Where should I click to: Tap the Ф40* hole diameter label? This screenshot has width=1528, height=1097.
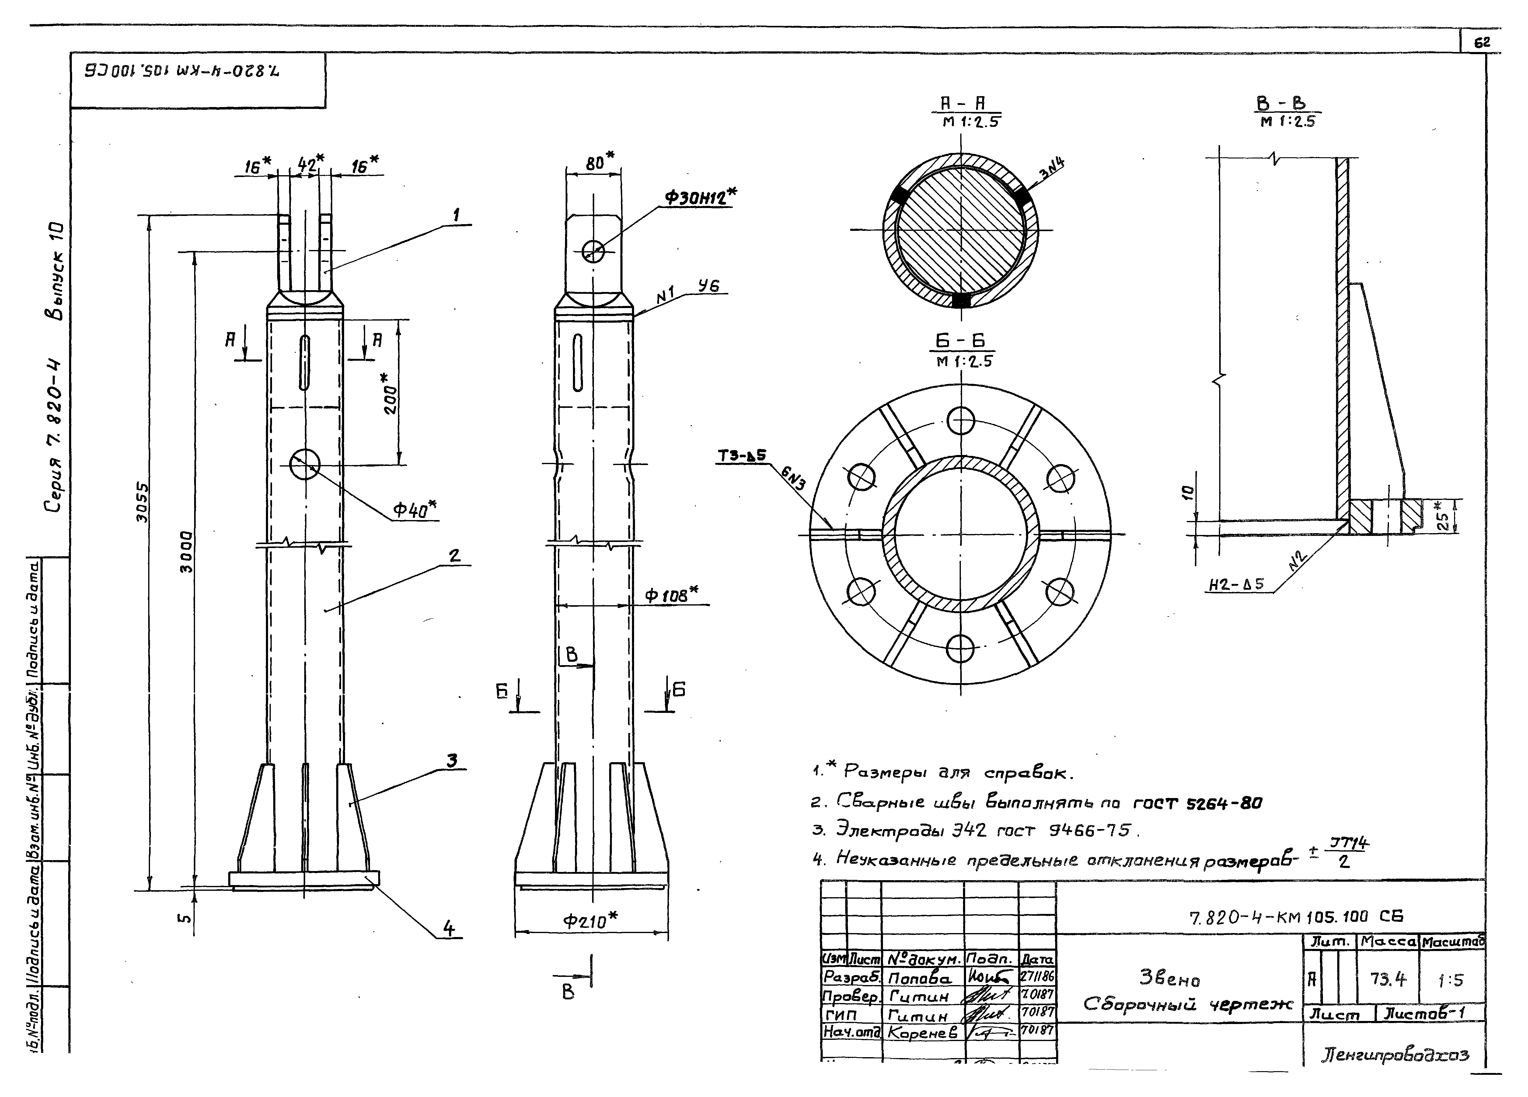[414, 510]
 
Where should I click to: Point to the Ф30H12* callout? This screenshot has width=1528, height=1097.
[699, 197]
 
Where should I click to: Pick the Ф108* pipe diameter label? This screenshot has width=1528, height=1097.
[670, 595]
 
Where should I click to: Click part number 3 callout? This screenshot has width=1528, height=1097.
[452, 760]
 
